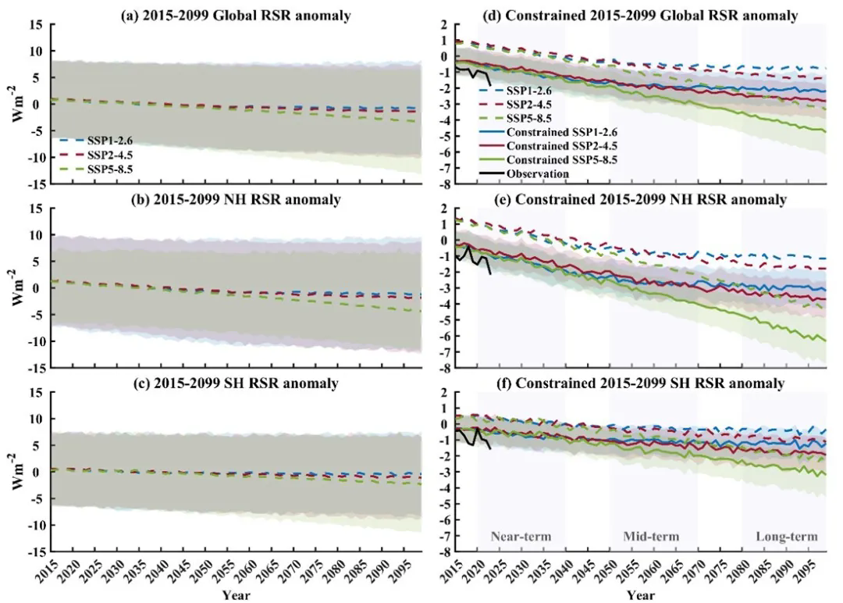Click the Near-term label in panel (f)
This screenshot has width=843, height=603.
[x=521, y=537]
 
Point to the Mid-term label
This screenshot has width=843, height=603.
[x=651, y=537]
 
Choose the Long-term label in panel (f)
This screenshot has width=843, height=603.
[x=786, y=537]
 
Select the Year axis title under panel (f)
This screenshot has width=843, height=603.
[x=641, y=595]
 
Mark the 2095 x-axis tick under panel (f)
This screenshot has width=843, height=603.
[x=806, y=573]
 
